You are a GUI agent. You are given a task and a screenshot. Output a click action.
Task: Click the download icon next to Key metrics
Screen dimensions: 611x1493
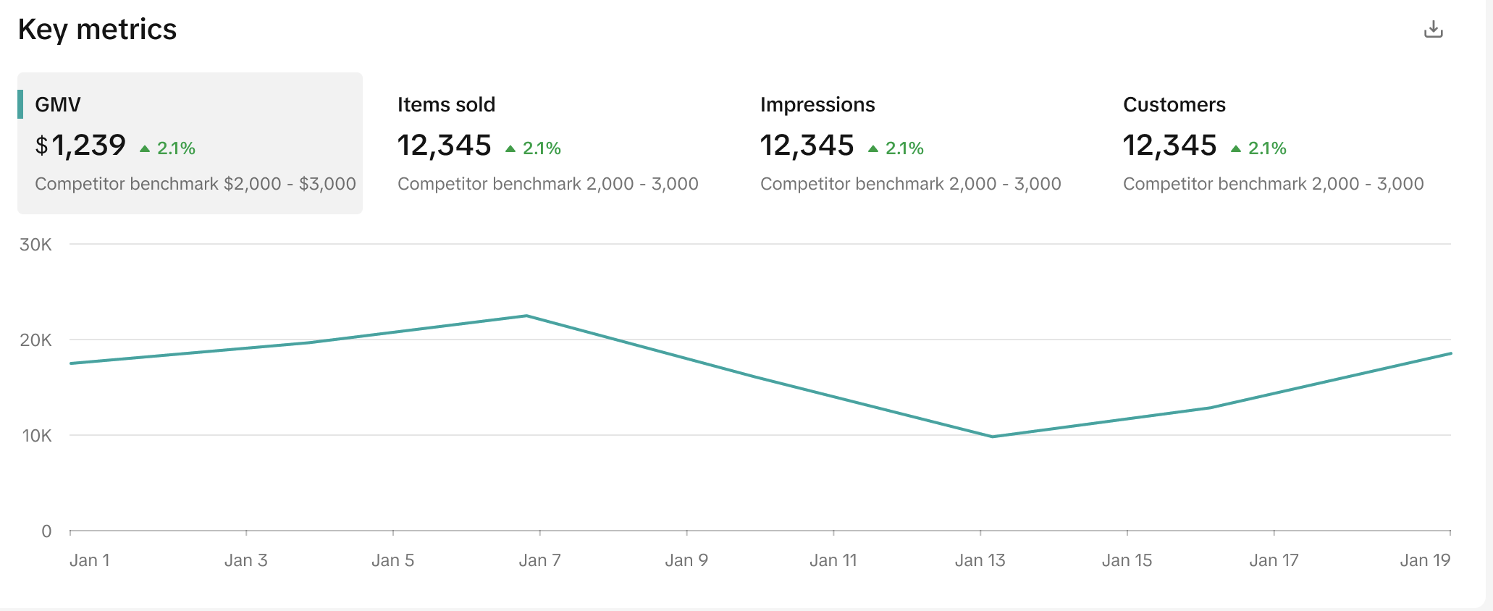point(1433,30)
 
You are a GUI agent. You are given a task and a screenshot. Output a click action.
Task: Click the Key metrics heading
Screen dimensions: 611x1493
point(97,30)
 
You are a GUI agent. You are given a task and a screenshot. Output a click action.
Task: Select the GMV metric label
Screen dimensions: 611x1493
point(58,105)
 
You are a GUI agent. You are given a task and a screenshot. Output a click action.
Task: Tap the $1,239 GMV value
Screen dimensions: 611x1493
point(81,146)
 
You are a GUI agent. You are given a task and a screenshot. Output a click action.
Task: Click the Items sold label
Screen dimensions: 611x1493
point(446,105)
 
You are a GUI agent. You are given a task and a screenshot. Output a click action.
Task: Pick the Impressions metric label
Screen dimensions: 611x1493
point(817,105)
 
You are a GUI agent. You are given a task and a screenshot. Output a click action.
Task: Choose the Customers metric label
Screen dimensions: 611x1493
point(1174,105)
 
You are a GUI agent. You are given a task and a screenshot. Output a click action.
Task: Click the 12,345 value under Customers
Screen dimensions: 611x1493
point(1169,146)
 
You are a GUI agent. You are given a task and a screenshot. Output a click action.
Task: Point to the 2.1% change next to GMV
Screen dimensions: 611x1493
point(176,148)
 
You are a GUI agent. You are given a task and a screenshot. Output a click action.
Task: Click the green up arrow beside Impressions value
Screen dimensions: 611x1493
point(873,149)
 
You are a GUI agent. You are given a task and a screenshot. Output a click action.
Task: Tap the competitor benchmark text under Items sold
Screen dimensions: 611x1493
point(547,184)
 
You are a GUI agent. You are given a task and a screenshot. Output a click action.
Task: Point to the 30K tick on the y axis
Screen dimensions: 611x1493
point(36,245)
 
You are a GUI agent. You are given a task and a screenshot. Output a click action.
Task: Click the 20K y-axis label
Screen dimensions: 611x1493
point(36,340)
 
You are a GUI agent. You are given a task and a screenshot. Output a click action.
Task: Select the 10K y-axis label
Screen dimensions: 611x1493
point(37,436)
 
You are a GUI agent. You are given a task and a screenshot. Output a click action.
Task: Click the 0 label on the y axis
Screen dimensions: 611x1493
point(46,531)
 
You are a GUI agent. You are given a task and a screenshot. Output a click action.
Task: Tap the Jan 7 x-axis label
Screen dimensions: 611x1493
point(539,560)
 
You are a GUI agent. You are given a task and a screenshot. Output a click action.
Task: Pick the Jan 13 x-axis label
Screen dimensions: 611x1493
point(980,560)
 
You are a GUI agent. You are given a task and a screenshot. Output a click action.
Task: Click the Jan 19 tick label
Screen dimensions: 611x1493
point(1424,560)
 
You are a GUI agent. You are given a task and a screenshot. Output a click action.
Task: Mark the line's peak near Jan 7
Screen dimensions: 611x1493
point(526,316)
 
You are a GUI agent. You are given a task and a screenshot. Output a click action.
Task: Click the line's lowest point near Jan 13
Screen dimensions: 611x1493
point(993,437)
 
